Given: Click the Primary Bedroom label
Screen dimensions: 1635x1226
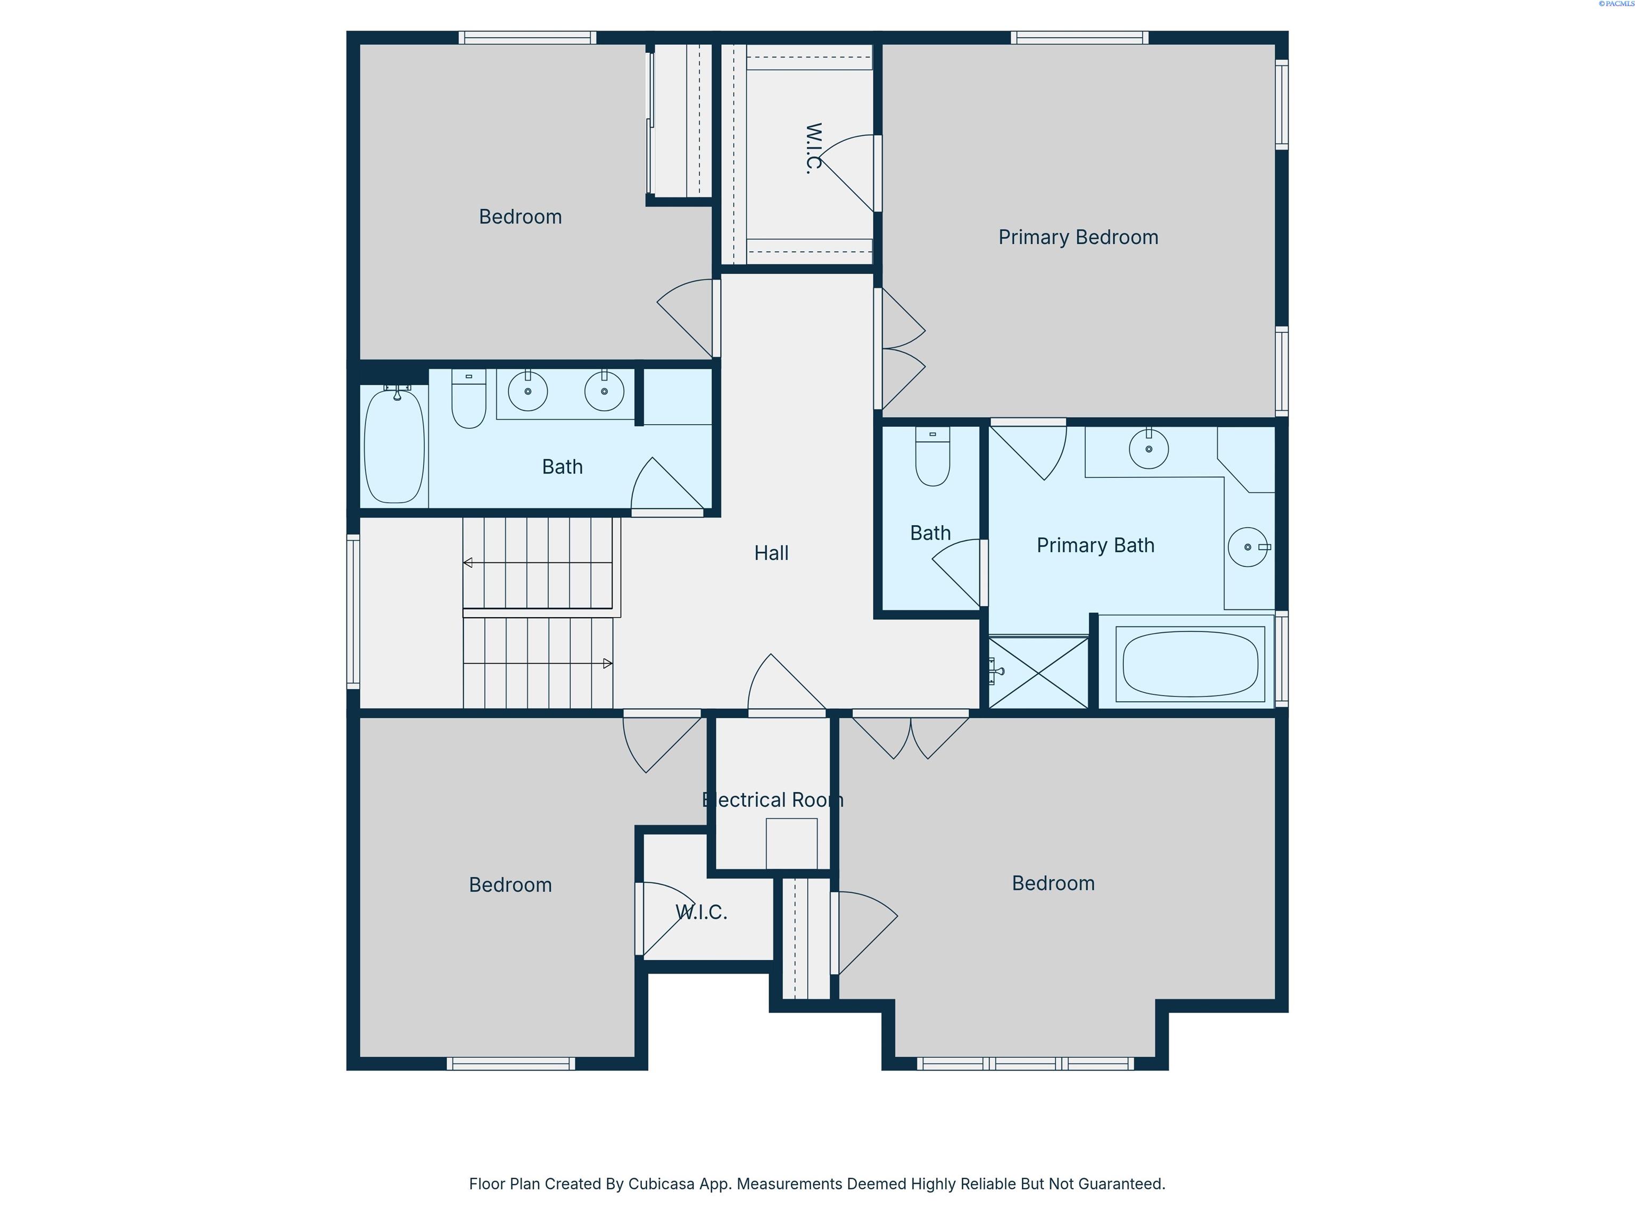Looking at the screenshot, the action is tap(1078, 237).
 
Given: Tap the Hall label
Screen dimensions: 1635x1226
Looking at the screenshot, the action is tap(771, 553).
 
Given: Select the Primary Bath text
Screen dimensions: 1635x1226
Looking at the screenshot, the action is tap(1095, 545).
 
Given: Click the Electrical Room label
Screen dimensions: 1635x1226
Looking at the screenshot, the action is tap(772, 800).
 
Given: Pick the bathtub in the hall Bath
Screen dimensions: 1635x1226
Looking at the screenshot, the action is tap(395, 445).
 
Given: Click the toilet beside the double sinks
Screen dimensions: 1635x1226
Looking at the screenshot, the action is tap(468, 399).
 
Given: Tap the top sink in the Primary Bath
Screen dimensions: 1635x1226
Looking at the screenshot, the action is tap(1149, 449).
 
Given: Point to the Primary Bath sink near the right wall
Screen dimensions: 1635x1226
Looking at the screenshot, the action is tap(1249, 547).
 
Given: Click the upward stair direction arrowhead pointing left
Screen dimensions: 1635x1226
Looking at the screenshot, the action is tap(467, 563).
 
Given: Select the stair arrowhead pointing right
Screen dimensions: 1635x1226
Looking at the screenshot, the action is tap(608, 664).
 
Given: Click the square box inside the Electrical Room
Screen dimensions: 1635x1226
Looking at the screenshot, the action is tap(791, 844).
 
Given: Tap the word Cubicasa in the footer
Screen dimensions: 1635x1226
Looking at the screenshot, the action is tap(662, 1184).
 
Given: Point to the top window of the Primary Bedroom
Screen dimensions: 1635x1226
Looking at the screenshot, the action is tap(1080, 38).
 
